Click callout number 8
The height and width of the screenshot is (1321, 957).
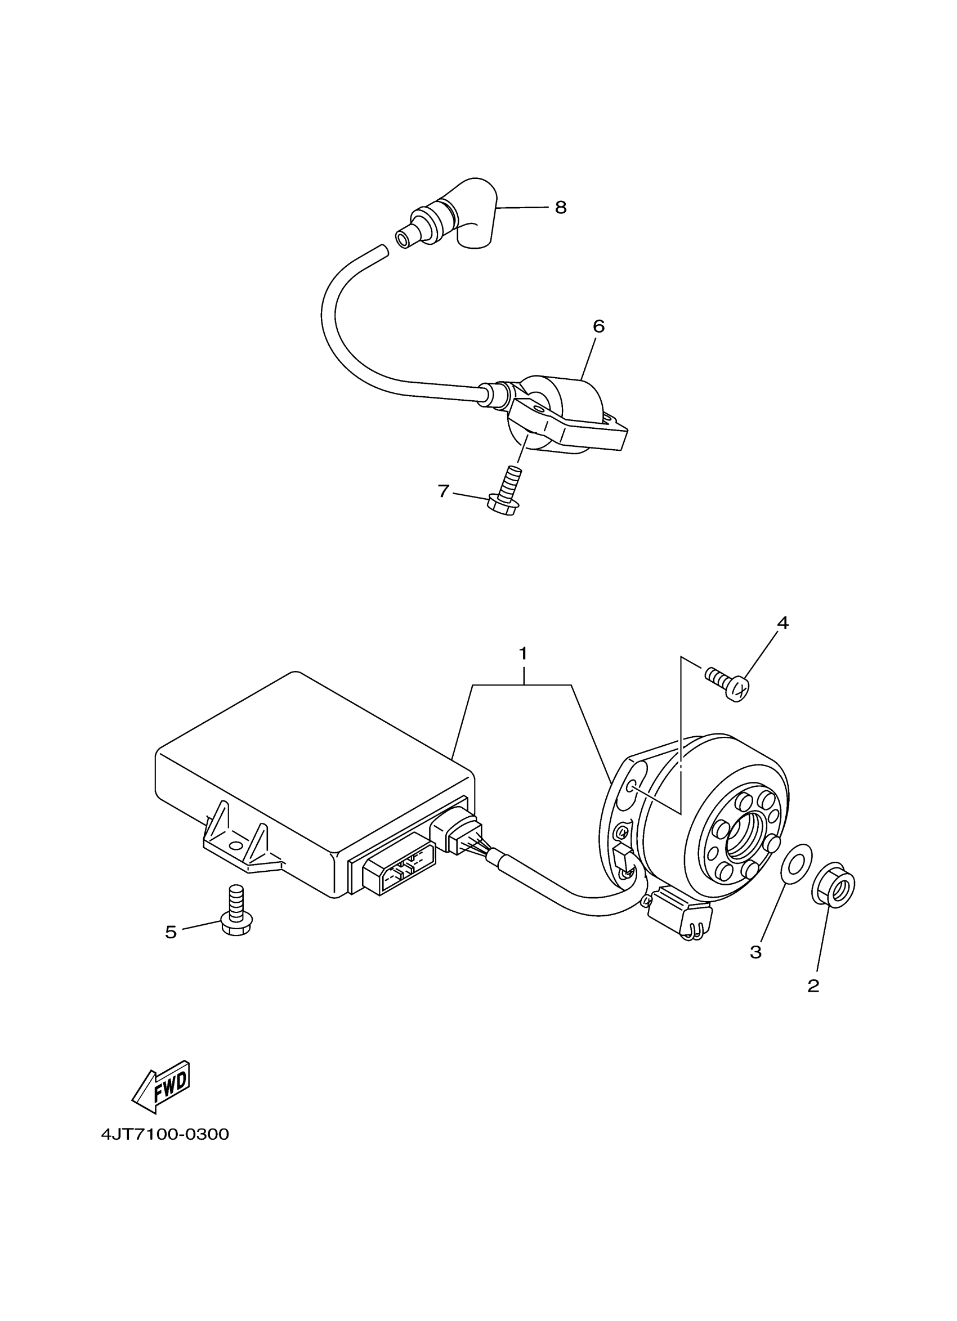click(560, 207)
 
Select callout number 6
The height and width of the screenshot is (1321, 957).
click(598, 326)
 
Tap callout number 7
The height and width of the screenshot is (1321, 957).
click(443, 491)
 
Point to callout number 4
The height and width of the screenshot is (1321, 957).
click(782, 623)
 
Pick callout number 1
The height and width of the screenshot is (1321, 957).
click(523, 653)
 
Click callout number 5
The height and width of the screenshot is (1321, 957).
click(170, 932)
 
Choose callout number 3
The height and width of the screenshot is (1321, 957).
click(755, 952)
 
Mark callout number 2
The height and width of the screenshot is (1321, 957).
click(813, 986)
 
